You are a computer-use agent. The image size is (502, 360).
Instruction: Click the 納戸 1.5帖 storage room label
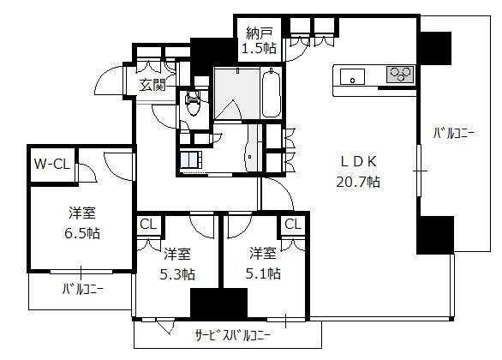click(x=259, y=40)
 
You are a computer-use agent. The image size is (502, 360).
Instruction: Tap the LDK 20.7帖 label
click(x=358, y=171)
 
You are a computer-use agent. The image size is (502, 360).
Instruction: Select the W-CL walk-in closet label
click(x=52, y=165)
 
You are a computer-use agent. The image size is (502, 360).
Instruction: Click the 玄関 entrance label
click(x=152, y=84)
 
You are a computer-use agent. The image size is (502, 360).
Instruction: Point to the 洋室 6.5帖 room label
click(x=82, y=223)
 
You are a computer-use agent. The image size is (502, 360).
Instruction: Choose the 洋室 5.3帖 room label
click(x=177, y=264)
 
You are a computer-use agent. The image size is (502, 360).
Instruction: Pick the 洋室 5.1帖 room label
click(x=263, y=264)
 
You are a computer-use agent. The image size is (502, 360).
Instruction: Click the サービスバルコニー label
click(x=233, y=335)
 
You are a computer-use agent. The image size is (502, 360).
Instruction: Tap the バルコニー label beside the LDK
click(x=454, y=133)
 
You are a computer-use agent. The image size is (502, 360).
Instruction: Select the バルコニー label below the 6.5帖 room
click(x=82, y=290)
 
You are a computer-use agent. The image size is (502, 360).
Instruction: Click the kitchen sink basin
click(x=352, y=77)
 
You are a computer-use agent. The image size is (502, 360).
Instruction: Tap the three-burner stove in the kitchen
click(x=401, y=75)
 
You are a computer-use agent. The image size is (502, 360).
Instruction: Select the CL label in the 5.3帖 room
click(x=148, y=225)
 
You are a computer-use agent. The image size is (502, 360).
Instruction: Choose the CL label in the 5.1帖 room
click(x=293, y=224)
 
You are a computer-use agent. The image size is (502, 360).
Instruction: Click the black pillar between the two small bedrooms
click(x=219, y=303)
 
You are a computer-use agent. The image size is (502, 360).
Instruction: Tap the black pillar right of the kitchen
click(x=435, y=48)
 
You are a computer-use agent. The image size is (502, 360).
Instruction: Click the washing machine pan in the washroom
click(x=191, y=159)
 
